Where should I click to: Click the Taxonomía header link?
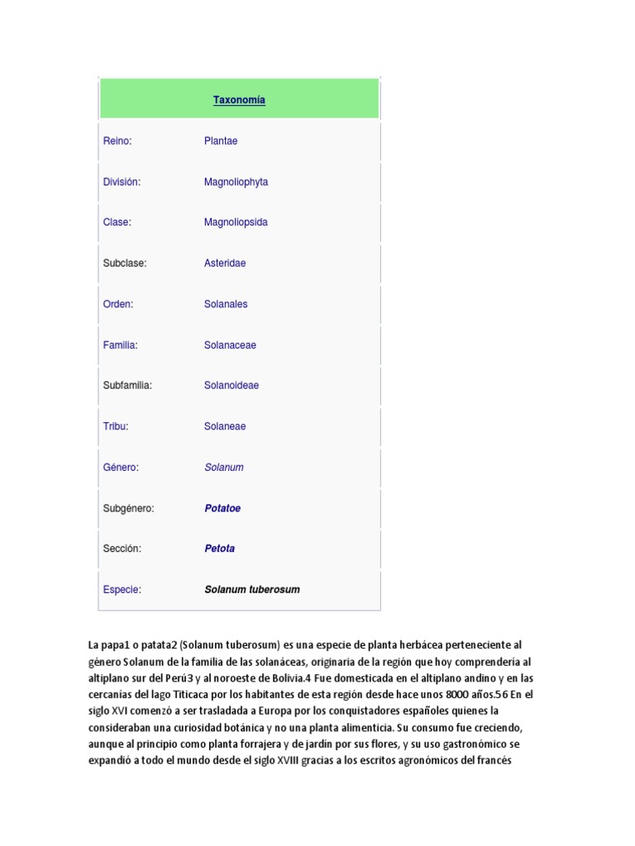(239, 100)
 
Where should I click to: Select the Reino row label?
(117, 141)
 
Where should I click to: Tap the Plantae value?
(221, 141)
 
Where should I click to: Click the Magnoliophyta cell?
(236, 182)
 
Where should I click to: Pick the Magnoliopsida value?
(236, 222)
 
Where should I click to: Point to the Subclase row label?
(125, 264)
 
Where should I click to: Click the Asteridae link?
(225, 264)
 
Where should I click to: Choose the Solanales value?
(226, 304)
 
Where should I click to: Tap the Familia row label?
(120, 345)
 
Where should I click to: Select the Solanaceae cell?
(230, 345)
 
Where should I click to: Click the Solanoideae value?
(232, 385)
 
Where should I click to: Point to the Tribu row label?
(116, 426)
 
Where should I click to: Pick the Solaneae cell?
(225, 426)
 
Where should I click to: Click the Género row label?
(121, 468)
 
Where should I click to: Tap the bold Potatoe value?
(222, 508)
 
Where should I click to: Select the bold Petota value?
(219, 549)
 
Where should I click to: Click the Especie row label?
(122, 590)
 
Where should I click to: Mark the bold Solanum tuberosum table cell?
(252, 590)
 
